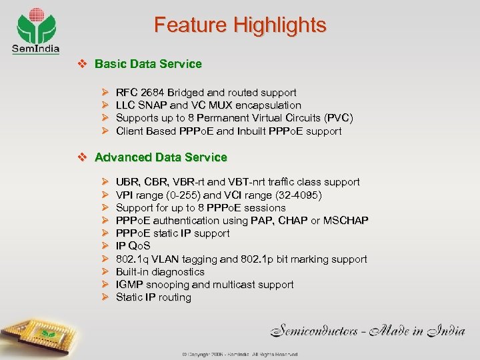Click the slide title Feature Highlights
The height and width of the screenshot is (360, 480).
[x=240, y=25]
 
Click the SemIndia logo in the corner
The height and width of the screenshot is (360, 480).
[x=35, y=30]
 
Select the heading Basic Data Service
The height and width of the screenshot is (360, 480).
[x=148, y=64]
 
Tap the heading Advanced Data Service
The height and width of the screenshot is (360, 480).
[x=161, y=157]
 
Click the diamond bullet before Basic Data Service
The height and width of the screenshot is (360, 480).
[x=83, y=64]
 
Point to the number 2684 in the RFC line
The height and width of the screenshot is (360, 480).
[x=152, y=93]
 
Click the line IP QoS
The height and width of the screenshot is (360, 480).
[x=133, y=246]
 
